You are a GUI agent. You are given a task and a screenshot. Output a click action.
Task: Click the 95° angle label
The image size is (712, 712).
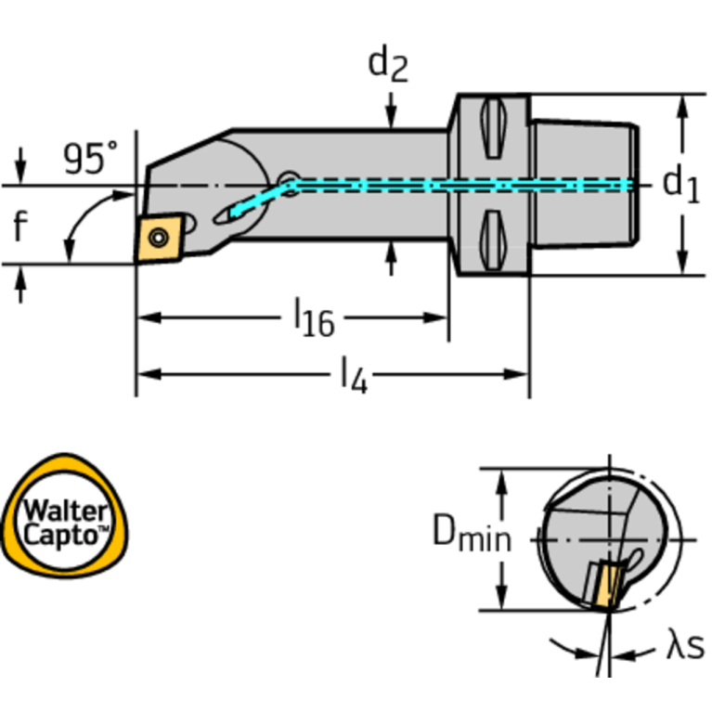tap(90, 158)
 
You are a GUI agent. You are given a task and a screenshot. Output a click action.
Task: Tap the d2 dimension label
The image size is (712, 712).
tap(389, 63)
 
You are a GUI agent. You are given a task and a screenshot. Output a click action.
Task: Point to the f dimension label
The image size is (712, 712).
tap(20, 226)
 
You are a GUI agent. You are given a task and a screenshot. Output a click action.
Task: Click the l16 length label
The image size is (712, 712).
tap(314, 319)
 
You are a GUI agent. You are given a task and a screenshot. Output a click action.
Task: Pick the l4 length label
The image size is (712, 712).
tap(353, 375)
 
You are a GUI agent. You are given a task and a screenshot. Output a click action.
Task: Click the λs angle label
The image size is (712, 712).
tap(685, 646)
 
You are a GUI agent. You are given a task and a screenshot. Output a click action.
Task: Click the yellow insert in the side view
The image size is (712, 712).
tap(159, 238)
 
